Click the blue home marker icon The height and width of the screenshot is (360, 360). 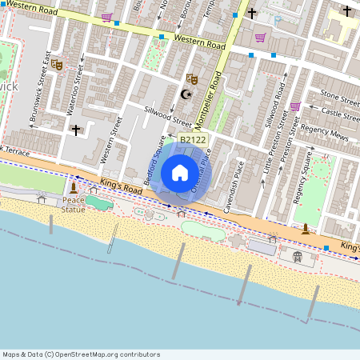pyautogui.click(x=180, y=172)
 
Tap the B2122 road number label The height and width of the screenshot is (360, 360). pyautogui.click(x=192, y=140)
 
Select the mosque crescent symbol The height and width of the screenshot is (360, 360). pyautogui.click(x=187, y=94)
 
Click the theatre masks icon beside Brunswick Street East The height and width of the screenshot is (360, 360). pyautogui.click(x=58, y=66)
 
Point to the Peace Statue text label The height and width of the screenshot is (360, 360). pyautogui.click(x=74, y=205)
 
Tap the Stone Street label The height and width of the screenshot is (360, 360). pyautogui.click(x=339, y=98)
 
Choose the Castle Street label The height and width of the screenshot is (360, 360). pyautogui.click(x=339, y=116)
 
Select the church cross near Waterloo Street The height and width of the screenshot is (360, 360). pyautogui.click(x=76, y=129)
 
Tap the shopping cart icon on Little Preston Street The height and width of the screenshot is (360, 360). pyautogui.click(x=294, y=106)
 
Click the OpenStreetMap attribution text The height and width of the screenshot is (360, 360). pyautogui.click(x=81, y=354)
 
